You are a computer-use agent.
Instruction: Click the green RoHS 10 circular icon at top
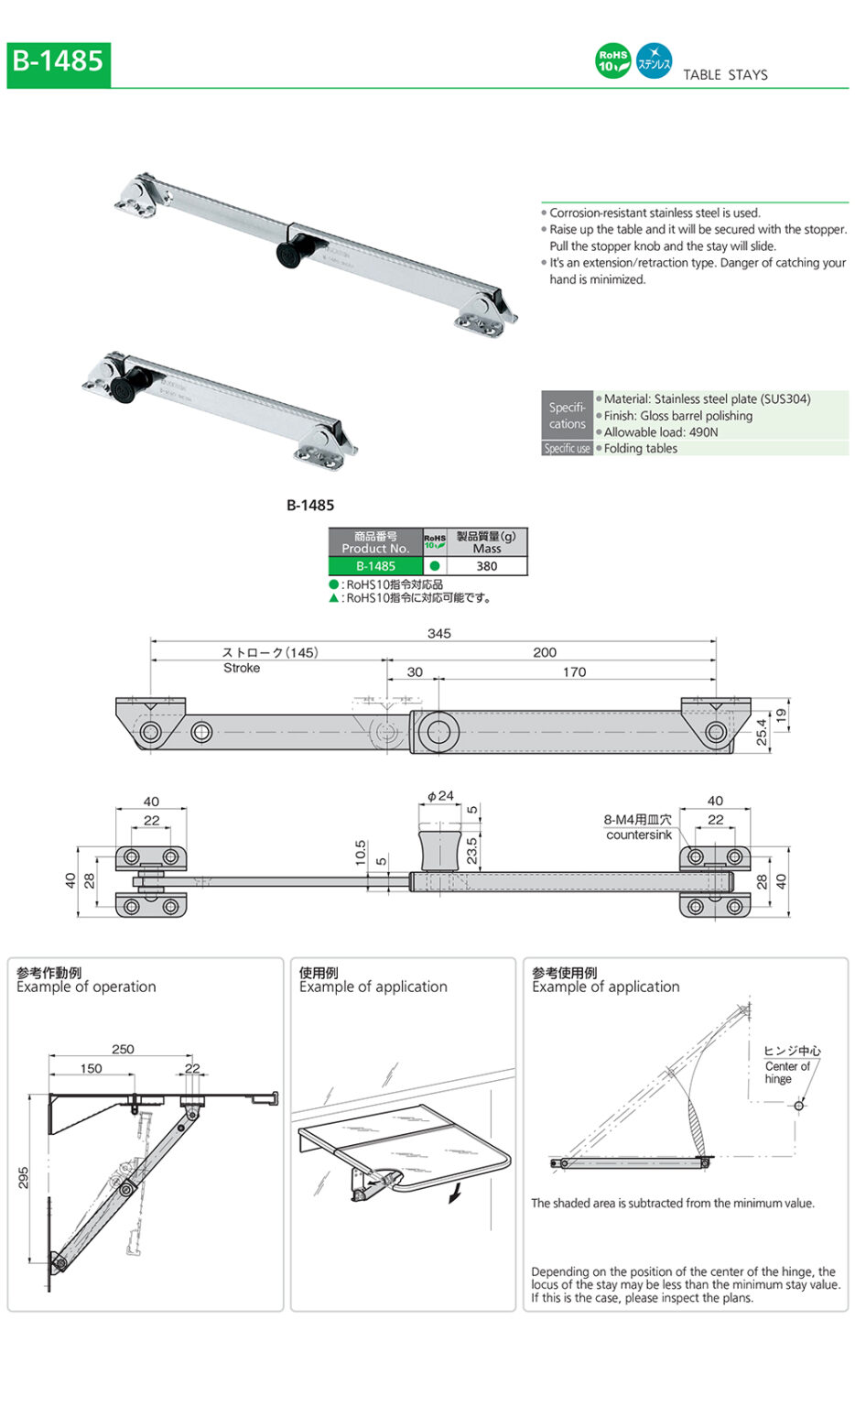tap(612, 61)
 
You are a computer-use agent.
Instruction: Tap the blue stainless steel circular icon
tap(654, 61)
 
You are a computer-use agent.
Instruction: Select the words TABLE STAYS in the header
tap(725, 75)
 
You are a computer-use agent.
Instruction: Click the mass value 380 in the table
tap(486, 566)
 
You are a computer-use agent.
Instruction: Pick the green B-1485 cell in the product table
tap(375, 566)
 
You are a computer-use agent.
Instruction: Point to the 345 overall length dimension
tap(438, 633)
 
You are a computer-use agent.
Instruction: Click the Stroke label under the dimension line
tap(242, 668)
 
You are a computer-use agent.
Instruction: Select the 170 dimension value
tap(574, 671)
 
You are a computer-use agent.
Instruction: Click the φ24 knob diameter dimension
tap(440, 795)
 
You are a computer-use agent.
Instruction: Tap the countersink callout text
tap(638, 834)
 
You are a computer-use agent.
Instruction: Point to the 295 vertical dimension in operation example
tap(24, 1177)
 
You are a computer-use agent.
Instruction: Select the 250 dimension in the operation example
tap(123, 1049)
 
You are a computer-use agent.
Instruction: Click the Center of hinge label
tap(787, 1072)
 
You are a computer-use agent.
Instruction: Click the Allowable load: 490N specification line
tap(660, 431)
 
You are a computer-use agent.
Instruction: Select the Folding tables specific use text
tap(640, 448)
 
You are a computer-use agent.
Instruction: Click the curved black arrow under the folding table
tap(454, 1193)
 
